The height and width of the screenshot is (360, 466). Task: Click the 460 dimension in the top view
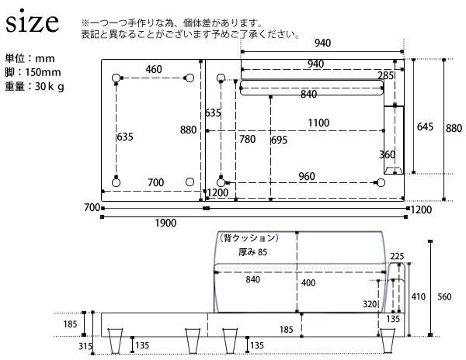(x=154, y=70)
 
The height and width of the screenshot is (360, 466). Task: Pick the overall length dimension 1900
(x=165, y=223)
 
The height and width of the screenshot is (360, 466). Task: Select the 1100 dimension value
(x=317, y=123)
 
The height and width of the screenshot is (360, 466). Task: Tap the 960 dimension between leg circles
(x=306, y=176)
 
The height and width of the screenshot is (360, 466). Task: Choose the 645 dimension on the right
(x=424, y=126)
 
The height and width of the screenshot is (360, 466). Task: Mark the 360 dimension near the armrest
(x=387, y=154)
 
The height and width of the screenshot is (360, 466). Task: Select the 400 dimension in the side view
(x=308, y=283)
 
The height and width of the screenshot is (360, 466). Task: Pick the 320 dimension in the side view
(x=369, y=305)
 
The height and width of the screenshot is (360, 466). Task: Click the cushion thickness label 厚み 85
(x=253, y=251)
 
